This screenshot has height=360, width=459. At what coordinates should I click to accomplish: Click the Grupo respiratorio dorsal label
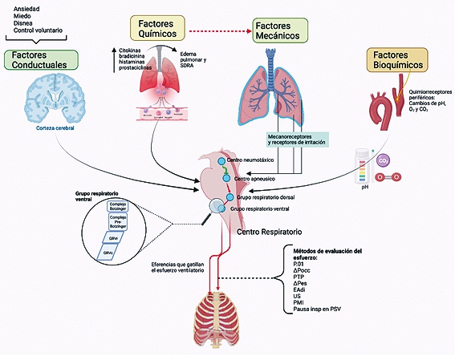(x=267, y=197)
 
